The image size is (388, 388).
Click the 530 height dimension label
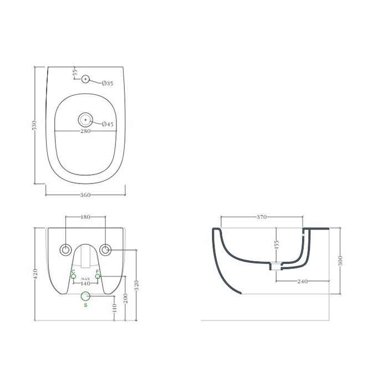click(34, 125)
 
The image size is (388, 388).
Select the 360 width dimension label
click(85, 195)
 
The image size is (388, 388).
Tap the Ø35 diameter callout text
click(108, 83)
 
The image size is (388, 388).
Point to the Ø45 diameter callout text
click(108, 124)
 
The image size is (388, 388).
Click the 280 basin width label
click(85, 131)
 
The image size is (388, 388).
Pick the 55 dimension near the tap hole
click(75, 73)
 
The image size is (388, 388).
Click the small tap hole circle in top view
click(85, 79)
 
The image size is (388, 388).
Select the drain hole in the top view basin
click(85, 120)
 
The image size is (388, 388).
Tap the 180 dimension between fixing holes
click(85, 217)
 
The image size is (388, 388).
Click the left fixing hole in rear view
click(65, 250)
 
